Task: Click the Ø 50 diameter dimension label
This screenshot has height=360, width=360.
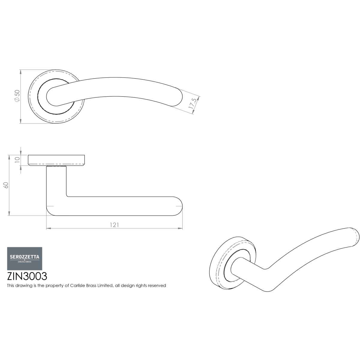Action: (17, 96)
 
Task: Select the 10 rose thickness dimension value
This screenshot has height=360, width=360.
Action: (17, 160)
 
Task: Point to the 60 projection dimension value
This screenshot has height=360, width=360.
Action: (6, 185)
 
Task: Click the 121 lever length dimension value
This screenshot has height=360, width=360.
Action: (114, 225)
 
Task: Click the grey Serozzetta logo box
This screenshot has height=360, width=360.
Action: (25, 259)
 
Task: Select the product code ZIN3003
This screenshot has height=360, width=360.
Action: (27, 276)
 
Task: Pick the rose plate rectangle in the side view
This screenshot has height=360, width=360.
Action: (56, 160)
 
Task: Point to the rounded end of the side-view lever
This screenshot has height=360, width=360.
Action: (178, 206)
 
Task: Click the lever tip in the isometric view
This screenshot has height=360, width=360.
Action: (354, 237)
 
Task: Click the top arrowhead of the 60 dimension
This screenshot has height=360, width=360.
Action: (9, 157)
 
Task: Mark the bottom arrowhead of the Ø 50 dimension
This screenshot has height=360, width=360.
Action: (20, 121)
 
